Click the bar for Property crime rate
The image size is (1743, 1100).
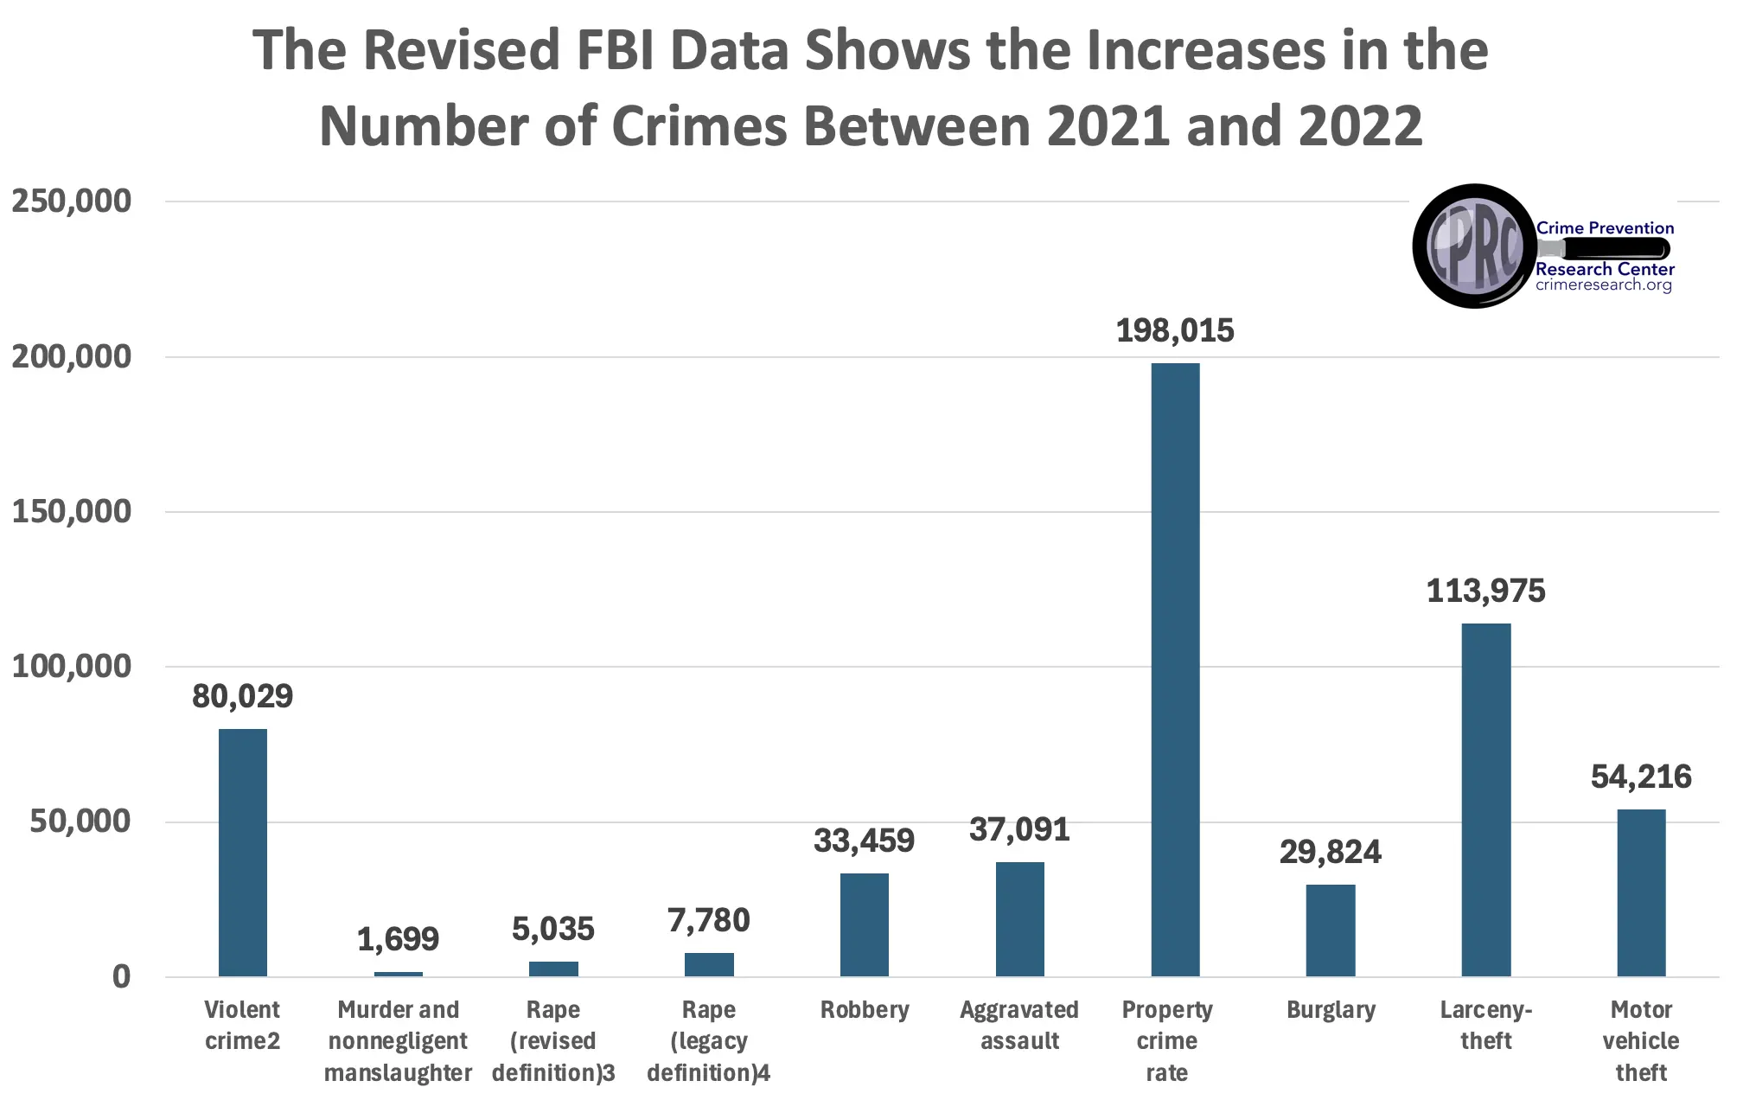click(x=1175, y=670)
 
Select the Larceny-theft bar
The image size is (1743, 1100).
click(x=1485, y=800)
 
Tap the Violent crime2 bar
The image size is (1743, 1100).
click(x=242, y=853)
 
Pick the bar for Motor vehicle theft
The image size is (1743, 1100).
click(x=1641, y=892)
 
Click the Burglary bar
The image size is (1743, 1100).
click(x=1330, y=931)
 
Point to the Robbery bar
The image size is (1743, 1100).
click(x=864, y=924)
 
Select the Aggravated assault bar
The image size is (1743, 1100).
click(x=1019, y=919)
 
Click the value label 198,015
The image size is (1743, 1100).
click(x=1175, y=330)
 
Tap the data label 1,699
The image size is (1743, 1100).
click(x=398, y=938)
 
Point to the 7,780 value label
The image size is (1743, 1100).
click(x=708, y=920)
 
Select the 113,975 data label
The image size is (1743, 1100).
click(x=1485, y=591)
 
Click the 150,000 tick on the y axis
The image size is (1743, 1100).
click(x=71, y=511)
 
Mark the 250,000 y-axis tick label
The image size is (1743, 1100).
click(x=71, y=201)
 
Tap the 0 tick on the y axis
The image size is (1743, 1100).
click(x=121, y=976)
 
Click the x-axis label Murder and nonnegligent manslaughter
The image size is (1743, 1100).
click(x=398, y=1041)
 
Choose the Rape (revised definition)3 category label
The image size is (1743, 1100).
click(x=553, y=1041)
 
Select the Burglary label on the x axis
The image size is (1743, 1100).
click(x=1331, y=1010)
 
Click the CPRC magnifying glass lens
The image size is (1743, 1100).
click(x=1474, y=246)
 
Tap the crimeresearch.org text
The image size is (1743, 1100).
click(x=1604, y=285)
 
